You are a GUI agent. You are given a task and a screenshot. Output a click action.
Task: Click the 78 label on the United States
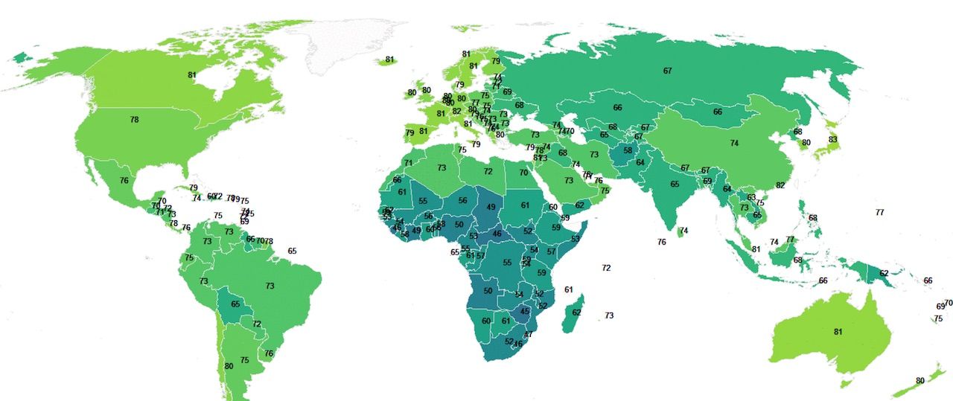pos(134,120)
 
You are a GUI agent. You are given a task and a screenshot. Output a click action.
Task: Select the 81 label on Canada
pos(192,75)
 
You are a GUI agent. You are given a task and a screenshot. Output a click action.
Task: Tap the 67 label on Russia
pos(668,71)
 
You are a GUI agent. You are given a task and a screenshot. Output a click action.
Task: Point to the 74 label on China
pos(734,143)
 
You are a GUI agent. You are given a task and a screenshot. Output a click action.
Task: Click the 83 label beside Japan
pos(832,140)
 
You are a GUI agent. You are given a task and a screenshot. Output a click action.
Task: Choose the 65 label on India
pos(675,185)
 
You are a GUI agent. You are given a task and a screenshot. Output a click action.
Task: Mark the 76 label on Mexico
pos(124,181)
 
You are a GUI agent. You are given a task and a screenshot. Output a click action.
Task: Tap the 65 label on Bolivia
pos(236,304)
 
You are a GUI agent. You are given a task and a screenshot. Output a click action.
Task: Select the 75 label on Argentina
pos(244,360)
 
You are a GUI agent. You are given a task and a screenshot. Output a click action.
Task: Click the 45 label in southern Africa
pos(525,312)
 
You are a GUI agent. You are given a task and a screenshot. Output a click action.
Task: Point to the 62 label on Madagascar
pos(576,312)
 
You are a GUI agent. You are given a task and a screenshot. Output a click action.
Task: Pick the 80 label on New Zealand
pos(920,381)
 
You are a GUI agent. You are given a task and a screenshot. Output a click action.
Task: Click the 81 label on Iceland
pos(389,60)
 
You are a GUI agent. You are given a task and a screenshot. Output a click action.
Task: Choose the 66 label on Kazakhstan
pos(617,108)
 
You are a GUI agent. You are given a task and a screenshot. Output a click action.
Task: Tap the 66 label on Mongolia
pos(718,112)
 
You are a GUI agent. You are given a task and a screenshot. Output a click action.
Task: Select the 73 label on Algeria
pos(442,168)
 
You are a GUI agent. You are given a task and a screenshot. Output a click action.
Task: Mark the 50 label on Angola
pos(488,291)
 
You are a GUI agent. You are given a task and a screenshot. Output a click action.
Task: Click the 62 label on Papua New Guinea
pos(884,274)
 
